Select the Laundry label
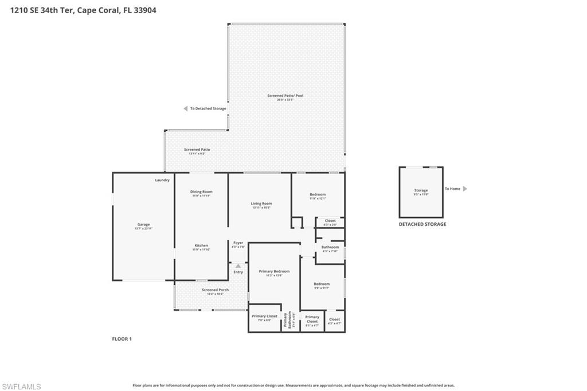(162, 180)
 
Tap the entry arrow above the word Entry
(238, 265)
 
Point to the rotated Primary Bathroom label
(291, 320)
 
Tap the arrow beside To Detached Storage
(185, 108)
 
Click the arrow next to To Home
(465, 189)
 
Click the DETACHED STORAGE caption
(422, 224)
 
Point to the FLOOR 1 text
(122, 339)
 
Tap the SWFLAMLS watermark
(21, 386)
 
